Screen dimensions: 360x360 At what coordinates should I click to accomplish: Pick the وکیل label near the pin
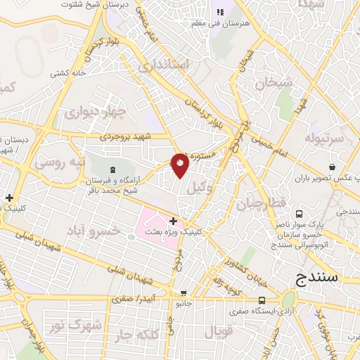202,188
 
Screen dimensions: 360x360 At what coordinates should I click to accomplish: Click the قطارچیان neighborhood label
262,204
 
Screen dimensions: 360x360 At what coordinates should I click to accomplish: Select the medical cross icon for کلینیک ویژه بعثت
174,221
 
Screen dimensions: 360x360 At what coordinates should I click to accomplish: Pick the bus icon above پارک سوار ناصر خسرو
300,213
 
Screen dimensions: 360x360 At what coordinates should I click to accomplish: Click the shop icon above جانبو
184,293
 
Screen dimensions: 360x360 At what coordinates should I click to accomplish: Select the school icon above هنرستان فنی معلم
219,12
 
